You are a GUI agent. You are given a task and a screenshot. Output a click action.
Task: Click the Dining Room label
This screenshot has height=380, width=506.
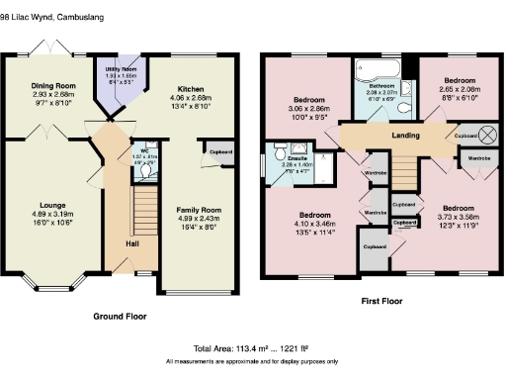(x=52, y=86)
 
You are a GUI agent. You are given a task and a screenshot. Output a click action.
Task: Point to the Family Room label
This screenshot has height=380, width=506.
(x=198, y=210)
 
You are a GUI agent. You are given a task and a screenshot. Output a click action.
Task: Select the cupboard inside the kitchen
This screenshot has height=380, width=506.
(x=222, y=151)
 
